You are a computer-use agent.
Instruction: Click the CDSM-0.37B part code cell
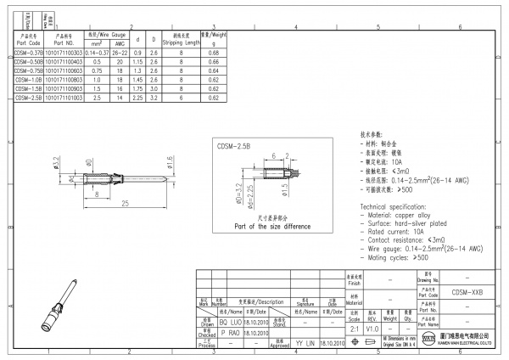(x=29, y=53)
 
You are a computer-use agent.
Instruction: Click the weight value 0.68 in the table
(x=214, y=53)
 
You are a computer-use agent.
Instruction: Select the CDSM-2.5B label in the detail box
(x=234, y=146)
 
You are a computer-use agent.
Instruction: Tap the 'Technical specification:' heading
(x=395, y=207)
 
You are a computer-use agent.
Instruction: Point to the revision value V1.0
(x=372, y=327)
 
